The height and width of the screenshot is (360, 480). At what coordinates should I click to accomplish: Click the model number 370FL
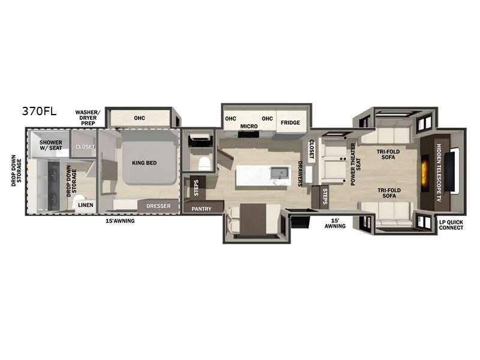click(x=39, y=110)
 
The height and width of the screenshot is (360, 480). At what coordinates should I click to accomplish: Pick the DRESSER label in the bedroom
click(x=158, y=206)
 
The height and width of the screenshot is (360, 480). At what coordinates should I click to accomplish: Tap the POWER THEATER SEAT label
click(x=356, y=164)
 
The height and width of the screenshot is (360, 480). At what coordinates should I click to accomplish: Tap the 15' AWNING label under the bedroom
click(x=120, y=221)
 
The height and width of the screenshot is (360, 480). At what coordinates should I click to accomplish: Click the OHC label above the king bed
click(x=140, y=118)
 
